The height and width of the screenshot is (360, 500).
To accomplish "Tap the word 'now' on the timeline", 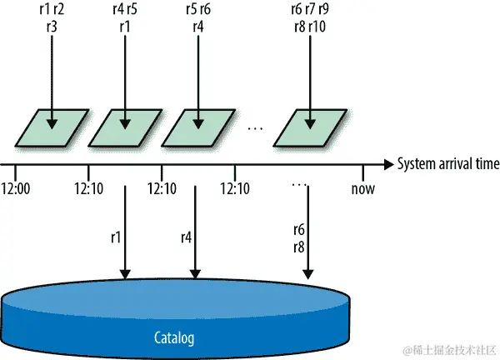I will pyautogui.click(x=362, y=188).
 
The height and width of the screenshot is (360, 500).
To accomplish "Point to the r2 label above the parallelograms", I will pyautogui.click(x=60, y=11).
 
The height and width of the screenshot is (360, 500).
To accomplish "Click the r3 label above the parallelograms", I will pyautogui.click(x=52, y=26).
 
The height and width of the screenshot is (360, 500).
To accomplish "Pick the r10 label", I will pyautogui.click(x=317, y=26).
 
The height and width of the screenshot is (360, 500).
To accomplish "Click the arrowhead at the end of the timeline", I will pyautogui.click(x=387, y=164).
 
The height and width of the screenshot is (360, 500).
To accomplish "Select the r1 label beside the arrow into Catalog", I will pyautogui.click(x=115, y=237).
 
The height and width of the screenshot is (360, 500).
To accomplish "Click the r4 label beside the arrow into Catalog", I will pyautogui.click(x=187, y=237).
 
